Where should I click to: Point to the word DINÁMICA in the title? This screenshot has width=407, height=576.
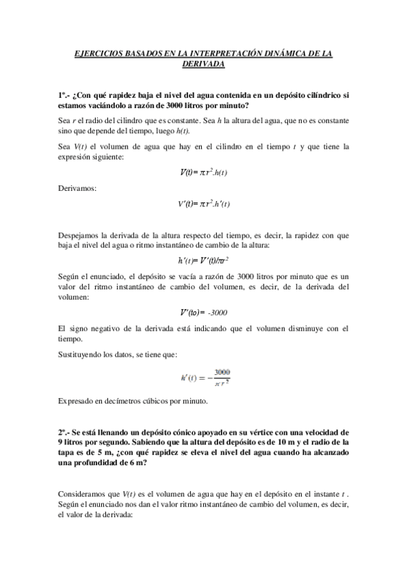point(288,53)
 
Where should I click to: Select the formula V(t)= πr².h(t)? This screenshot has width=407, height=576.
point(203,172)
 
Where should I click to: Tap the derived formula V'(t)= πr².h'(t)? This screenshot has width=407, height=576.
point(203,203)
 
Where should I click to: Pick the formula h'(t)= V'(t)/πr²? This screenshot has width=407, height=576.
point(203,259)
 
